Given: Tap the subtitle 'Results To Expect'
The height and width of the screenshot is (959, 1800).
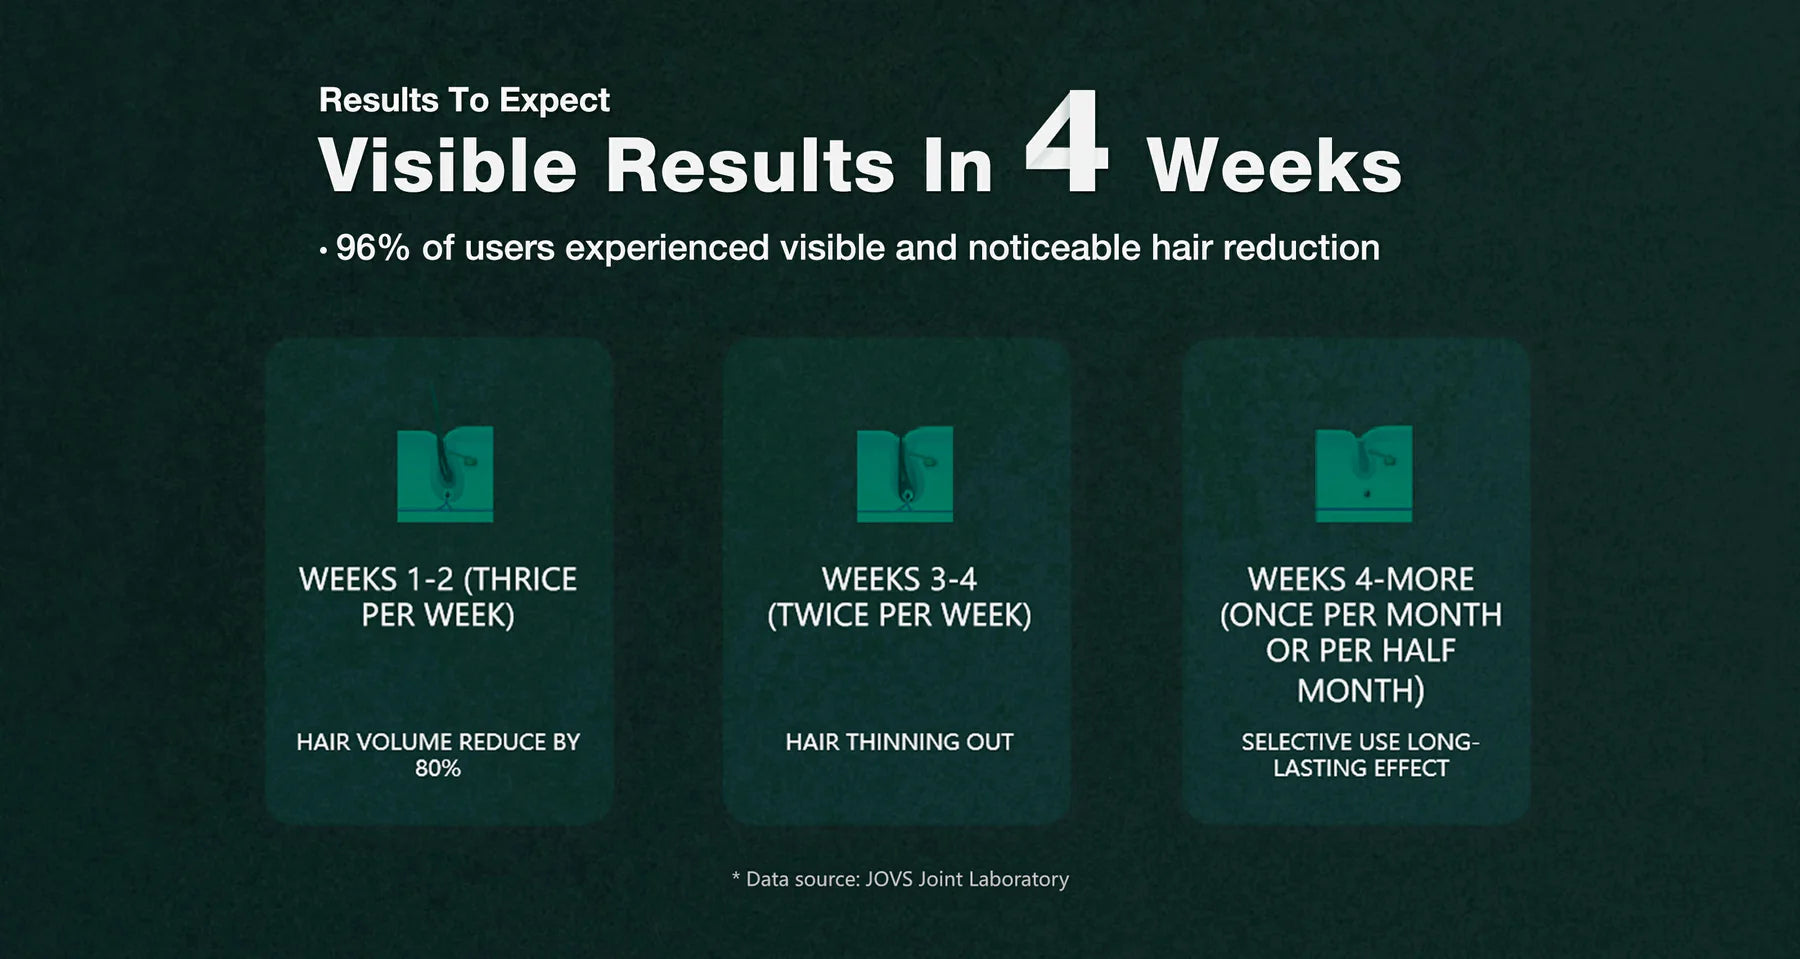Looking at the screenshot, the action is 464,100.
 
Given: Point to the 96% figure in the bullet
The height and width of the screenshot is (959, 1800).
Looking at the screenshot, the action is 372,247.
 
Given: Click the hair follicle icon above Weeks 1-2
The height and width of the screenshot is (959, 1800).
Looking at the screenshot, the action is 445,474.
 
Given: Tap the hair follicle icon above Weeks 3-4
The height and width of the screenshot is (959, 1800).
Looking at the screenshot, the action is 905,474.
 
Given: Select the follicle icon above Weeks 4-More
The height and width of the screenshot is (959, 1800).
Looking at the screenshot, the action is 1364,474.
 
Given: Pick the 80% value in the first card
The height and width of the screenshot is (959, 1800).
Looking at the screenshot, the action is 438,768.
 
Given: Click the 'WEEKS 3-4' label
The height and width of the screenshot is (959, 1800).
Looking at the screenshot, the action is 899,579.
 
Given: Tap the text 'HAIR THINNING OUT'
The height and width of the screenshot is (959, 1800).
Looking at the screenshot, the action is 899,742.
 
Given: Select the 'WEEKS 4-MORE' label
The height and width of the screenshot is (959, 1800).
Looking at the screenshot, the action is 1360,579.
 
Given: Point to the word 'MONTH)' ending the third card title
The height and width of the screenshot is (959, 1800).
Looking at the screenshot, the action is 1361,690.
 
